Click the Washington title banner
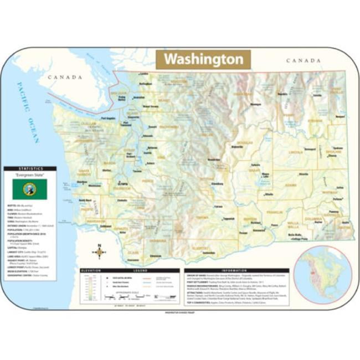[x=203, y=59]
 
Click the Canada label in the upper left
[x=65, y=78]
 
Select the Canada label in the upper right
[x=303, y=60]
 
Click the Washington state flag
[x=29, y=189]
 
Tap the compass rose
[x=99, y=252]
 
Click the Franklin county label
[x=272, y=211]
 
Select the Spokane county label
[x=332, y=152]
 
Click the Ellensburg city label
[x=218, y=184]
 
